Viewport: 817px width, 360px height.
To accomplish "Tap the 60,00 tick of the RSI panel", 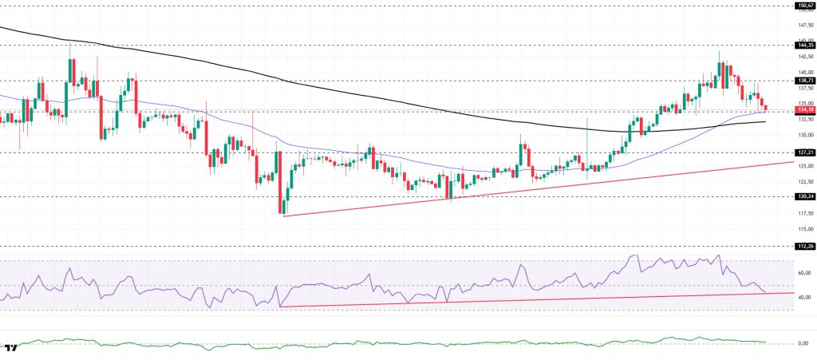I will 803,273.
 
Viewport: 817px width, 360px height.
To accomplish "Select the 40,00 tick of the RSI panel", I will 803,297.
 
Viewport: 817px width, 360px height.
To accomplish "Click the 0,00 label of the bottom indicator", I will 804,343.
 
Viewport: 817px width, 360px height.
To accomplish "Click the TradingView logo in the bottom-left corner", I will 11,349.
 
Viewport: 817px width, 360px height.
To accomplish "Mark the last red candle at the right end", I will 766,108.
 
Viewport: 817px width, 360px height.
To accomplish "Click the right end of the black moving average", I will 765,122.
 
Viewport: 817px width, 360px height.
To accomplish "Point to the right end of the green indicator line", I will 765,342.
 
